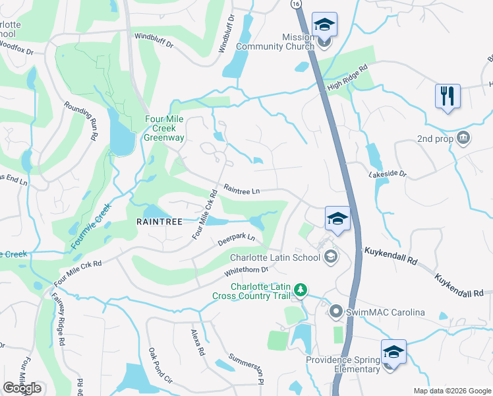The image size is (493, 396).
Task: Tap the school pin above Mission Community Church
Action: (x=324, y=24)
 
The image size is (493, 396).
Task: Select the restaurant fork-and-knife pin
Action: (x=448, y=96)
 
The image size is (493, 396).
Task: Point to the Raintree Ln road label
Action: (x=242, y=190)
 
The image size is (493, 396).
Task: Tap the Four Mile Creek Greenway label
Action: (x=167, y=129)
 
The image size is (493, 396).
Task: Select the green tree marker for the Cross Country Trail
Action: (x=300, y=290)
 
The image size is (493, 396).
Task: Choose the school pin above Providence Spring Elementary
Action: (x=393, y=352)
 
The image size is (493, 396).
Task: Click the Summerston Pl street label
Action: (x=246, y=369)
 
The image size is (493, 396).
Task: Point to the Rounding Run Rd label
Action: (x=82, y=119)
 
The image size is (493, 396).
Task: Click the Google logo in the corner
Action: (x=22, y=388)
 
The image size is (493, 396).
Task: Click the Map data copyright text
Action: (x=451, y=391)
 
